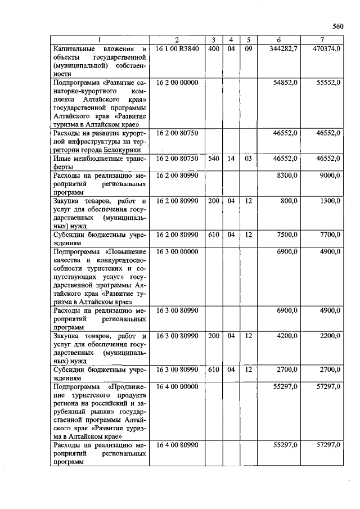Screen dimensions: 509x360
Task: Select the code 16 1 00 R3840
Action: tap(177, 49)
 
